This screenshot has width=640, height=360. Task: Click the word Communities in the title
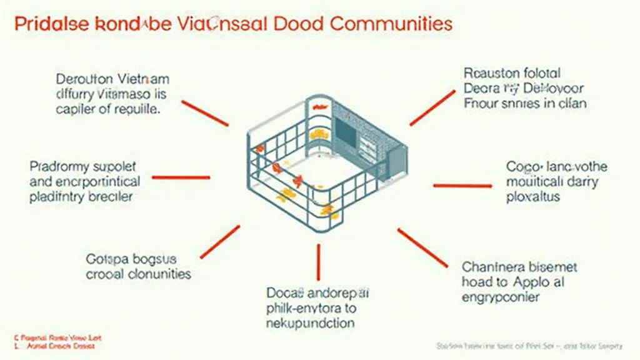click(x=390, y=24)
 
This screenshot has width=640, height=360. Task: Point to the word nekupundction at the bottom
click(x=311, y=323)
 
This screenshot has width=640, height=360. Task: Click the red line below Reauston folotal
click(x=432, y=107)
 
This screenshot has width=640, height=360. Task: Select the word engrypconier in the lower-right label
click(x=501, y=296)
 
